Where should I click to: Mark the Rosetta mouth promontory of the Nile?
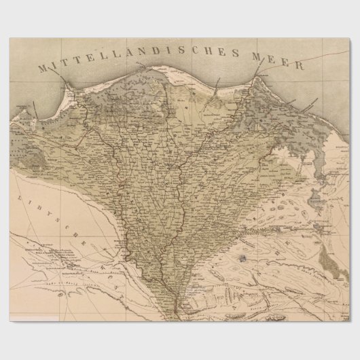tap(66, 86)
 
